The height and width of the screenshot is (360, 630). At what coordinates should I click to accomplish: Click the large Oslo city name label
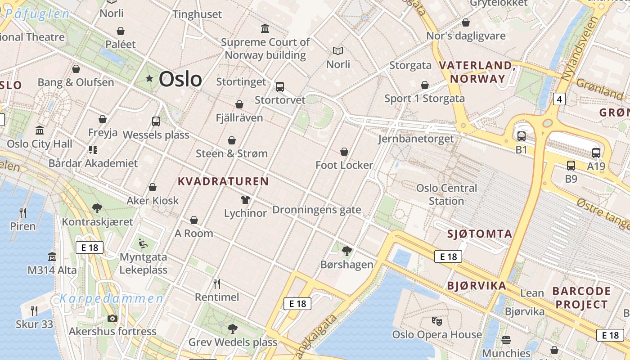(180, 79)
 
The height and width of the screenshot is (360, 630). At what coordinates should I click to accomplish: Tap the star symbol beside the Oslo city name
(149, 79)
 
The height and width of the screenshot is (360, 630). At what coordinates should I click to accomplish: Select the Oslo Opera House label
(436, 334)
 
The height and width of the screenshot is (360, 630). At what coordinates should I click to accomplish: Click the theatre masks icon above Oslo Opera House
(436, 321)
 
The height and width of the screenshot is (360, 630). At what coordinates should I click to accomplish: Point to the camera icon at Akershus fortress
(112, 319)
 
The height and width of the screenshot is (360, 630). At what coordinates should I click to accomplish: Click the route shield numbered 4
(559, 99)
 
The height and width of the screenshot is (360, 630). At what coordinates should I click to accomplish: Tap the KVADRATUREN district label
(223, 181)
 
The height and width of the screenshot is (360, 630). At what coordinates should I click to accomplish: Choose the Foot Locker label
(344, 165)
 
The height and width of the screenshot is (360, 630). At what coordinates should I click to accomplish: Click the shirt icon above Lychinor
(245, 199)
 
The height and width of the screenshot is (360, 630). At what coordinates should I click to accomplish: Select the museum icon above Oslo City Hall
(40, 130)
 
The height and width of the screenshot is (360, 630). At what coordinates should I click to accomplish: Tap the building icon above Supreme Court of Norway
(265, 29)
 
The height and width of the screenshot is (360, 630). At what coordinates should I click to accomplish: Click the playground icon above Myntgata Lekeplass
(143, 243)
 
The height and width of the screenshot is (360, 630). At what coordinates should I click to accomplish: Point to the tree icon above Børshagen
(346, 251)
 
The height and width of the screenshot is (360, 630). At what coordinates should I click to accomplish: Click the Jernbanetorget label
(416, 139)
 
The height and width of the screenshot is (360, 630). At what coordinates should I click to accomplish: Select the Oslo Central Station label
(446, 194)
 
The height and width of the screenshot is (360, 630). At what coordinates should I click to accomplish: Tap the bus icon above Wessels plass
(156, 121)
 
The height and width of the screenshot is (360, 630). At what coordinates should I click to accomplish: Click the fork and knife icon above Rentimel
(217, 283)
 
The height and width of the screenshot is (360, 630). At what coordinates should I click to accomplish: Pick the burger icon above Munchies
(506, 340)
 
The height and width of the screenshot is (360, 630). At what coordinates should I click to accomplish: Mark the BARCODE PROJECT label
(581, 297)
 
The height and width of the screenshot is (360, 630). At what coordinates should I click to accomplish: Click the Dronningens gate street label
(316, 210)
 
